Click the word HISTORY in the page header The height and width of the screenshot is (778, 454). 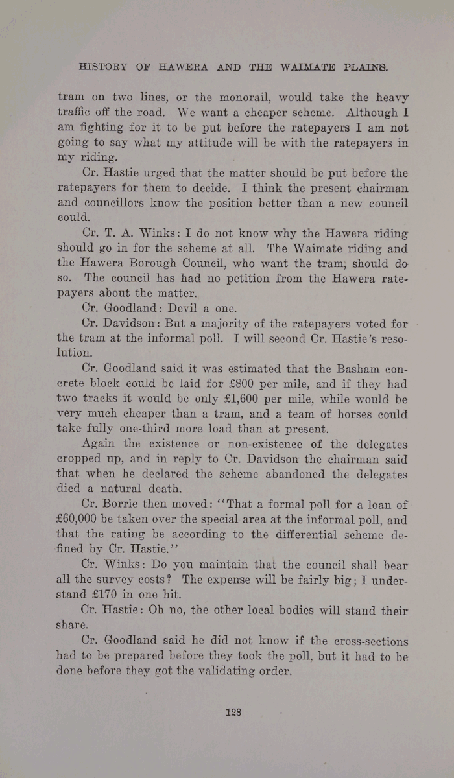tap(103, 65)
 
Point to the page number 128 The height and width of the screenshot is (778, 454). tap(233, 711)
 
